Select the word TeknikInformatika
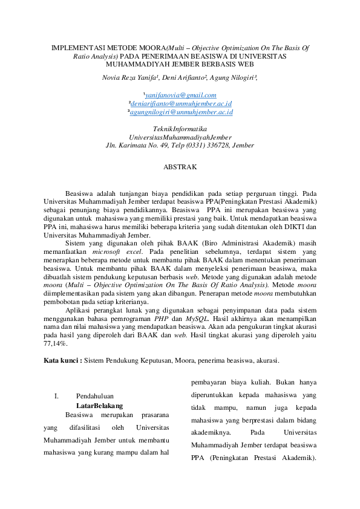pos(180,129)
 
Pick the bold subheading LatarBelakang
pos(100,406)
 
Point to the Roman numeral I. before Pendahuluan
pos(56,396)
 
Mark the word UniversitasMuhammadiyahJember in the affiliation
pos(180,137)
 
